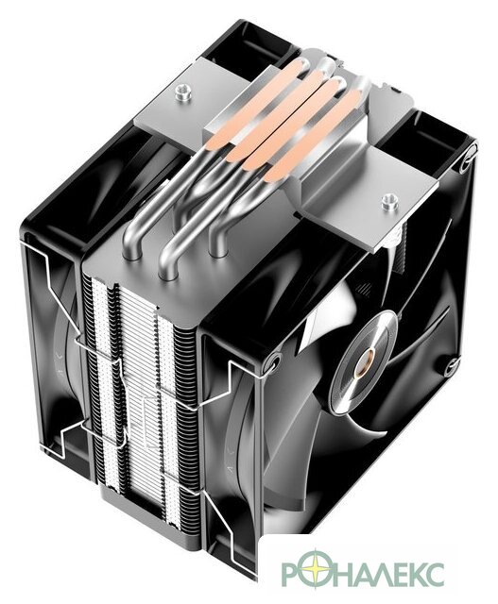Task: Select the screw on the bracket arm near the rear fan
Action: pyautogui.click(x=182, y=92)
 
